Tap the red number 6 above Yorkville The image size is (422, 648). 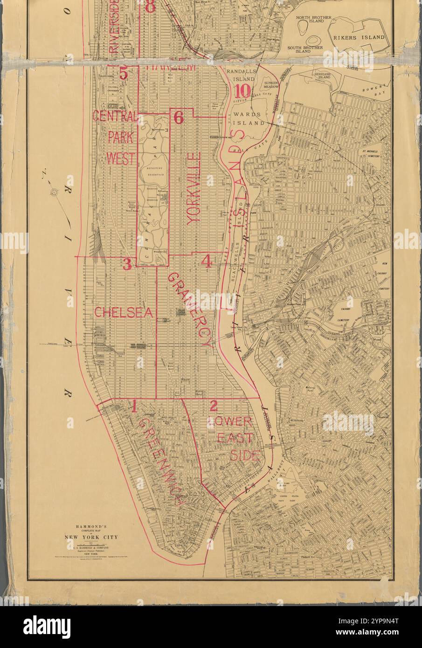(179, 117)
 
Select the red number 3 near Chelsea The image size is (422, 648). (127, 264)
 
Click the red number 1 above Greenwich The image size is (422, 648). (134, 407)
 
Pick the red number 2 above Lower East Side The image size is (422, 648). (213, 406)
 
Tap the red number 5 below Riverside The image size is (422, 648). (123, 73)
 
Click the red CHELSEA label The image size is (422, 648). (124, 312)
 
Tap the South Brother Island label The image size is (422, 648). (305, 50)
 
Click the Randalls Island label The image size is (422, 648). (241, 75)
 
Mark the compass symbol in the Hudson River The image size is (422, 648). (55, 192)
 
